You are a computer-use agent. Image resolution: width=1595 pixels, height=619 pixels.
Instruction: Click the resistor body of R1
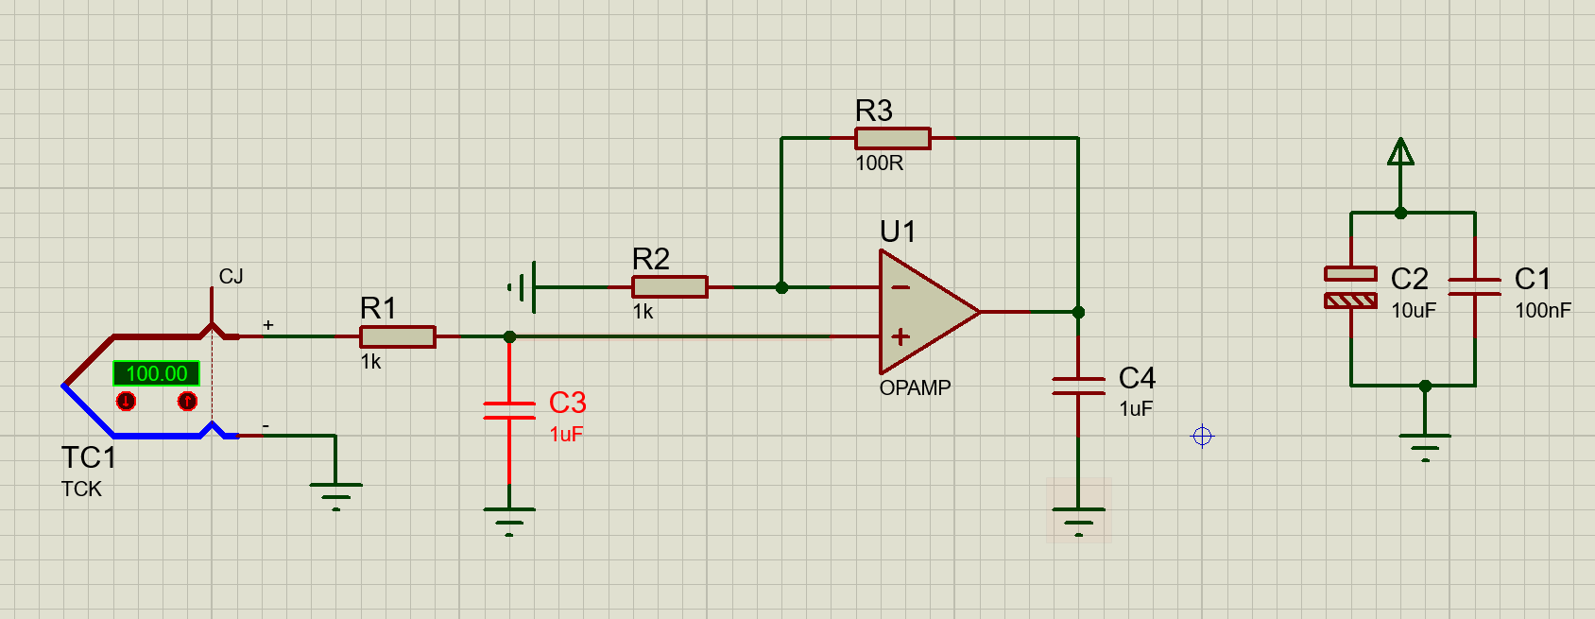[x=397, y=337]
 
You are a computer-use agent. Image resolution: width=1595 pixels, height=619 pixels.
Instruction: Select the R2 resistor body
[x=669, y=287]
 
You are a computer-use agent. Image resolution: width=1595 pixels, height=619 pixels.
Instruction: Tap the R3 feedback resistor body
[x=892, y=138]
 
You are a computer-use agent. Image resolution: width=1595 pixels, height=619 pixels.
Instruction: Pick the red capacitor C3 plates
[x=509, y=410]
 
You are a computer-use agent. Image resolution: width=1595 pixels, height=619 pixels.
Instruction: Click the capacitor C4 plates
[x=1079, y=386]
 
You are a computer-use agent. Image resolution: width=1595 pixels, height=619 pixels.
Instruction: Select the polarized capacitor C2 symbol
[x=1350, y=287]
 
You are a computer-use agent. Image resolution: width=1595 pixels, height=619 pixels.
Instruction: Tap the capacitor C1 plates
[x=1475, y=286]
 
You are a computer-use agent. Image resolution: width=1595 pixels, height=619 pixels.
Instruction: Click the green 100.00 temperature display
[x=156, y=373]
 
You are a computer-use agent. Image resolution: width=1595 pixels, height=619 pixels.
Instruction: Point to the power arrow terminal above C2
[x=1400, y=152]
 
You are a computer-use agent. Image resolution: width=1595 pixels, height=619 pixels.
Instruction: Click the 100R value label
[x=880, y=163]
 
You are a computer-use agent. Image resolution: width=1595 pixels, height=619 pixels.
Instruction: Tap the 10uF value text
[x=1414, y=311]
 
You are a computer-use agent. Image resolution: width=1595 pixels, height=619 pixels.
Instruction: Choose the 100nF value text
[x=1543, y=311]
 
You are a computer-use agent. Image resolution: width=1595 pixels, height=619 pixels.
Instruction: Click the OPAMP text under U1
[x=915, y=387]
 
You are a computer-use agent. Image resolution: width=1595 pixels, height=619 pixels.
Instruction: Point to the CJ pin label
[x=231, y=276]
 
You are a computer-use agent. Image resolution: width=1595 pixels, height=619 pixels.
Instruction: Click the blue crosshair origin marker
[x=1202, y=436]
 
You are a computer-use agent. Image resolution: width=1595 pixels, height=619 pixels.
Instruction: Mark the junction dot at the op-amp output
[x=1079, y=312]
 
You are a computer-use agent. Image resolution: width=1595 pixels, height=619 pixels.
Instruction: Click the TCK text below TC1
[x=81, y=489]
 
